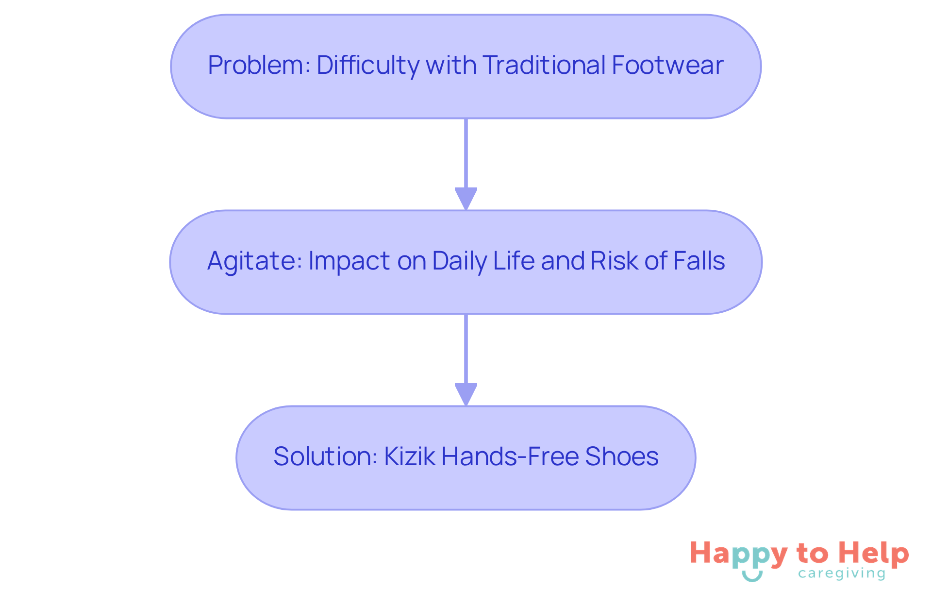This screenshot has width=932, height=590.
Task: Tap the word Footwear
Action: (x=667, y=65)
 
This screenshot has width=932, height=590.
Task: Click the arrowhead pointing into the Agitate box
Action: (x=466, y=199)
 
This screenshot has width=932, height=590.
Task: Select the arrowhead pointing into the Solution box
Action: (x=466, y=394)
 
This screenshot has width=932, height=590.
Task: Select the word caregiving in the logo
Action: (x=842, y=574)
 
